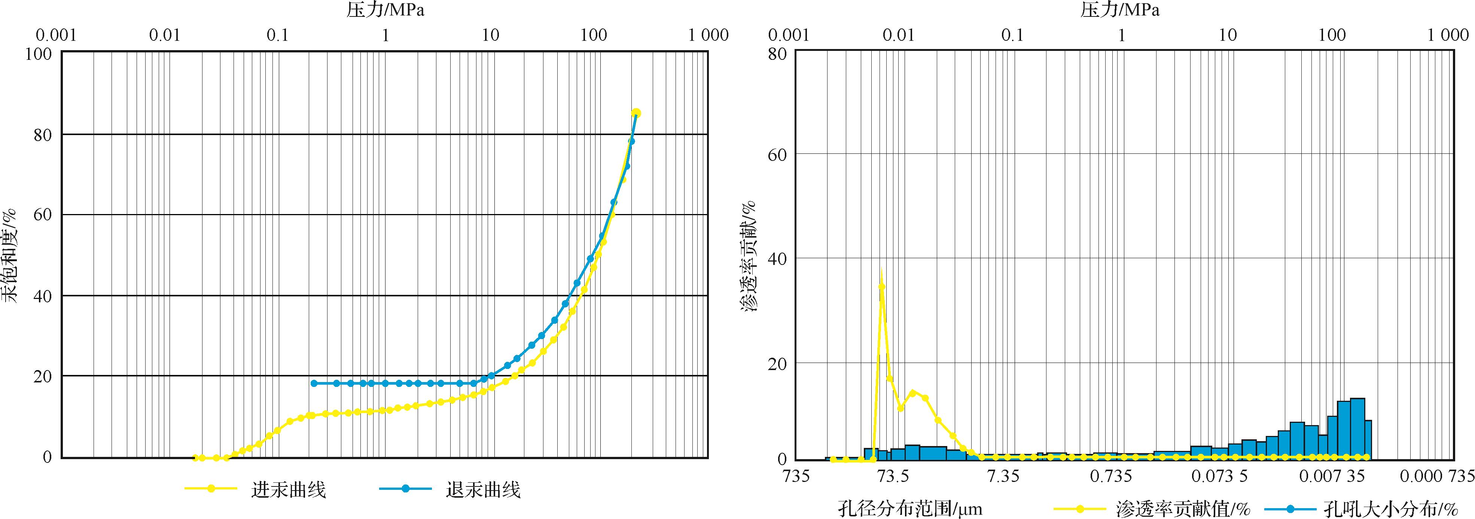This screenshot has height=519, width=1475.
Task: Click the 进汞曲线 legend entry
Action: tap(288, 490)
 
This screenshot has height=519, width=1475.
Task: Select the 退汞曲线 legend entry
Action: tap(483, 490)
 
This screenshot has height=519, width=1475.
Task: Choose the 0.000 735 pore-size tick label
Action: tap(1436, 476)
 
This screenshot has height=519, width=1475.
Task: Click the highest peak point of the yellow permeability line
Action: tap(882, 286)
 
